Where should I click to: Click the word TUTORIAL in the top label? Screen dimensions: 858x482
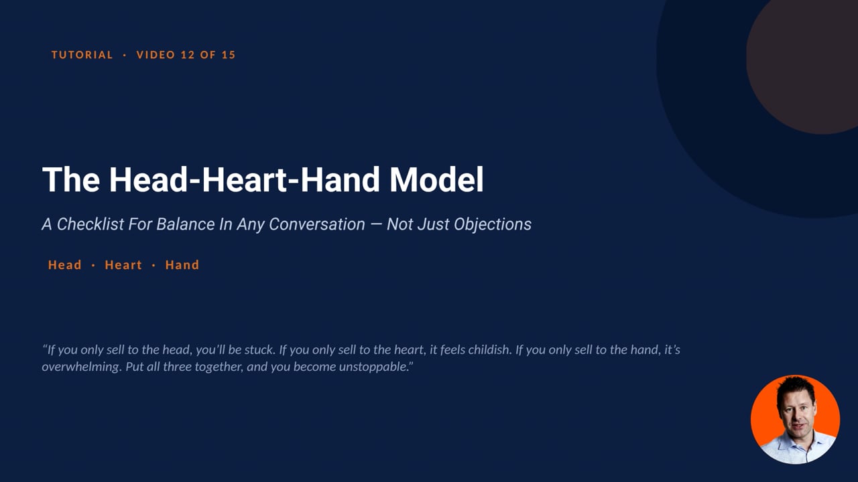click(x=82, y=55)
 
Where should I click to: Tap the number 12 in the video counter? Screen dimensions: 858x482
click(x=188, y=55)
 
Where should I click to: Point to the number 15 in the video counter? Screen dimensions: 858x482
click(x=229, y=55)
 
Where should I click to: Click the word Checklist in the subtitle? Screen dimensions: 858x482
click(x=90, y=224)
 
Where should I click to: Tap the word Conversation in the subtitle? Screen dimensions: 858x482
click(x=317, y=224)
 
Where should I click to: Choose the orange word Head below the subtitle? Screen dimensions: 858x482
click(x=65, y=264)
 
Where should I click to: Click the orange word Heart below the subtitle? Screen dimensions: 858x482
click(x=123, y=264)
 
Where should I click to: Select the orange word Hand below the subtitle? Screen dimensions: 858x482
click(x=182, y=264)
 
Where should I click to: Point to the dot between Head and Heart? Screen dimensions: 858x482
click(x=93, y=265)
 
